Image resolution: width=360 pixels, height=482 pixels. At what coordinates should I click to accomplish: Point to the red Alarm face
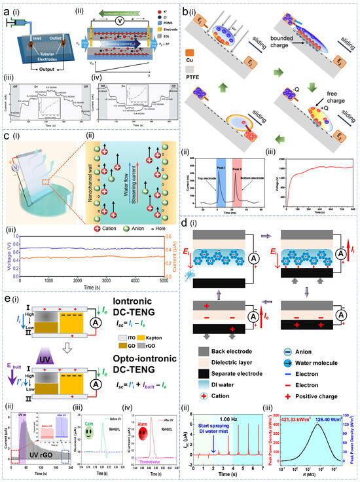[156, 432]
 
